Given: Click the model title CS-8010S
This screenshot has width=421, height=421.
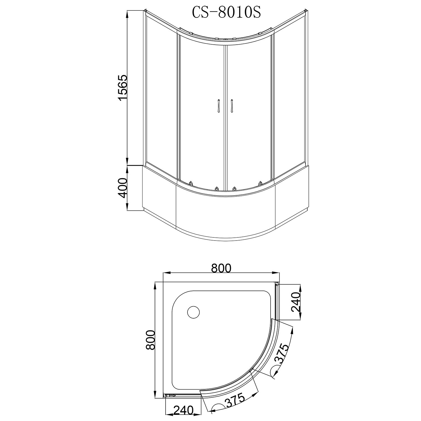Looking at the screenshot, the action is (x=226, y=13).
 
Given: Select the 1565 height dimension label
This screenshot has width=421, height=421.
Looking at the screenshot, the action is (x=123, y=88).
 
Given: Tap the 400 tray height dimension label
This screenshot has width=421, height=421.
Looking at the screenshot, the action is (x=123, y=188).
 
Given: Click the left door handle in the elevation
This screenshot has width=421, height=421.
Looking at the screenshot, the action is (x=218, y=106).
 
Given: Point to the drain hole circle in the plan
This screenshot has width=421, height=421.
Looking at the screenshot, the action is (x=193, y=312).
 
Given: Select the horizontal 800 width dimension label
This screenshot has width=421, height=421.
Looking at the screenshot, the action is (x=221, y=268).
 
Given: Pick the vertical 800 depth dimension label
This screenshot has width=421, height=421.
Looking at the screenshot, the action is (x=151, y=340).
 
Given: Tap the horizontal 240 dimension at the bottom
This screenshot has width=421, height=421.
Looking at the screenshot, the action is (x=183, y=410).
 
